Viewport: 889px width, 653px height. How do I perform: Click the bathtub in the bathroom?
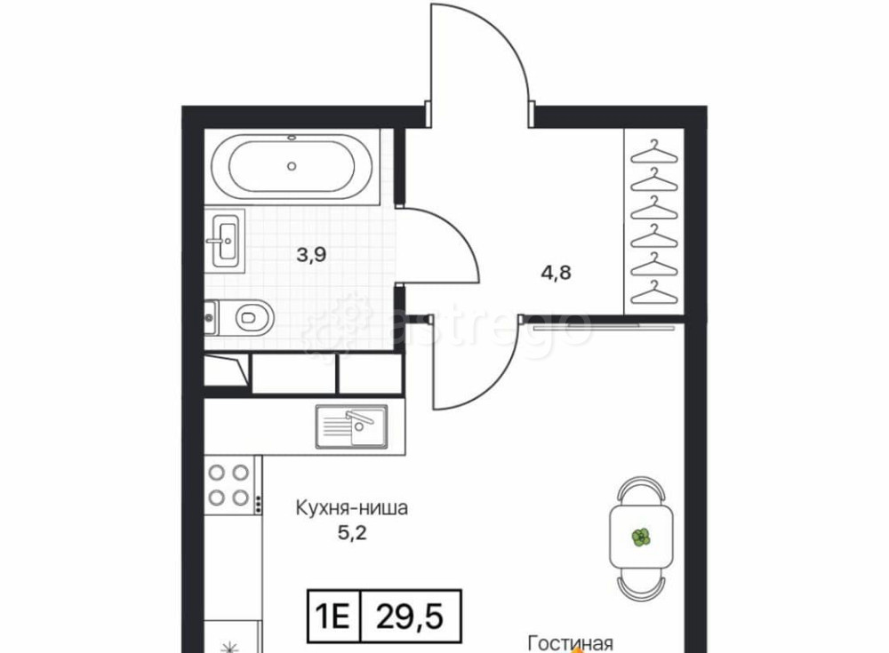(292, 166)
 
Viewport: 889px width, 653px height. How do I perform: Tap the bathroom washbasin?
(227, 241)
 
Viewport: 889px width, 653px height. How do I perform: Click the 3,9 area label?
(311, 255)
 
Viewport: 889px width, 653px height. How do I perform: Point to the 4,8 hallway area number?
(557, 273)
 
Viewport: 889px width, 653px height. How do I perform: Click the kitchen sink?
(351, 426)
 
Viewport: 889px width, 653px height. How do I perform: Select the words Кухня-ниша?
(351, 507)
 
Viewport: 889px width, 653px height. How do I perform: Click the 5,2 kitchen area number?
(352, 533)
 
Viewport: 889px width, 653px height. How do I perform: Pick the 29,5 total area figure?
(410, 617)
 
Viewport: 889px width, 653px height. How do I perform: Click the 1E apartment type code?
(332, 617)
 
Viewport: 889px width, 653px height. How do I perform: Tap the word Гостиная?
(571, 644)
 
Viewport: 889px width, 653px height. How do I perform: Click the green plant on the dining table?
(641, 537)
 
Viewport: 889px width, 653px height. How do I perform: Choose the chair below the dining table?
(641, 585)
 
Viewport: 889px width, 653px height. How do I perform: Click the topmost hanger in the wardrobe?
(654, 151)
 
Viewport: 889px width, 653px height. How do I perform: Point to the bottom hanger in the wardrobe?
(654, 292)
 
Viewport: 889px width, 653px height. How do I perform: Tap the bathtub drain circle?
(292, 166)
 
